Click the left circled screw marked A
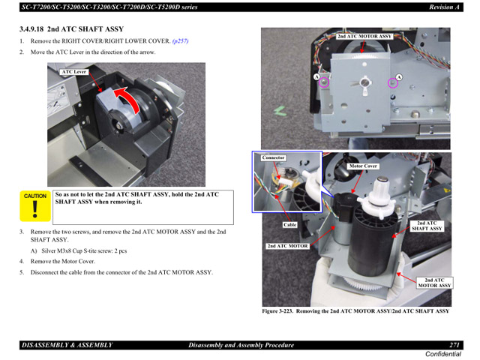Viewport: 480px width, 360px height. [324, 82]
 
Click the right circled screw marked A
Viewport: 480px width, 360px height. [388, 82]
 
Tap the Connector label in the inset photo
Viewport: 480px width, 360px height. [274, 157]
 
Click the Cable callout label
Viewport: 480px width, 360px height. [289, 224]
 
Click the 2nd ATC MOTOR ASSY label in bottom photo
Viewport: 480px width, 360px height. [434, 282]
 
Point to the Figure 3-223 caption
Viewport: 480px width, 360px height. [355, 310]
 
